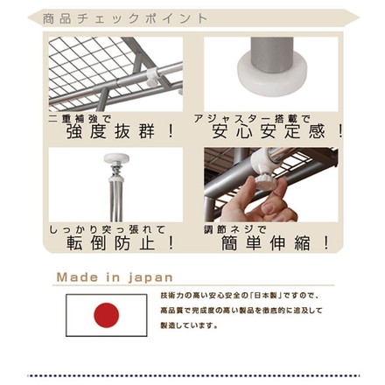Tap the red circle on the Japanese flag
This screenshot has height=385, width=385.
click(x=107, y=313)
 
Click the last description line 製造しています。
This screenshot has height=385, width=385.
click(x=189, y=325)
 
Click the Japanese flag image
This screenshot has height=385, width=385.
click(x=107, y=313)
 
